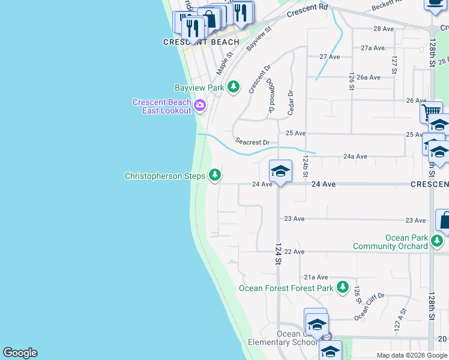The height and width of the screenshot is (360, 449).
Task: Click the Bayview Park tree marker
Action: pos(234,88)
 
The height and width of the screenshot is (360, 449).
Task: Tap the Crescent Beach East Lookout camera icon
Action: pos(199,107)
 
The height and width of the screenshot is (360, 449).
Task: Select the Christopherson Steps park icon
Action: pos(214,175)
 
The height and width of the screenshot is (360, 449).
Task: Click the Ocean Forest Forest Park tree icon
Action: pos(342,287)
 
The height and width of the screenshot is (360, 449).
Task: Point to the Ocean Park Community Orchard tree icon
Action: pos(437,242)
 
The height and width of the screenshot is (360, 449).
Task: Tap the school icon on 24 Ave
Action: pos(280,172)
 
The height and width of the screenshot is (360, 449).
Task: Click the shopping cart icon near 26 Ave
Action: pos(430,112)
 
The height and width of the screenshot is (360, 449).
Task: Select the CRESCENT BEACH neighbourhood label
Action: pos(201,42)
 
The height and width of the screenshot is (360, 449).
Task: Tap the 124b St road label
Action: pos(306,166)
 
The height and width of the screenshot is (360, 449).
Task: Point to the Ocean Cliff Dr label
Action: pos(369,306)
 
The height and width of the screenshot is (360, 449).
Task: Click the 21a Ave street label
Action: pos(316,277)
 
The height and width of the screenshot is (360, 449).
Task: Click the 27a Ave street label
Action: pos(373,47)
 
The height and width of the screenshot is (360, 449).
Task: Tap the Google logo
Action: pos(20,353)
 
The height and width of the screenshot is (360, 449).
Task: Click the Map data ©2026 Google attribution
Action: pos(412,355)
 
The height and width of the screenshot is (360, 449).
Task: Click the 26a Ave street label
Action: pos(368,77)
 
